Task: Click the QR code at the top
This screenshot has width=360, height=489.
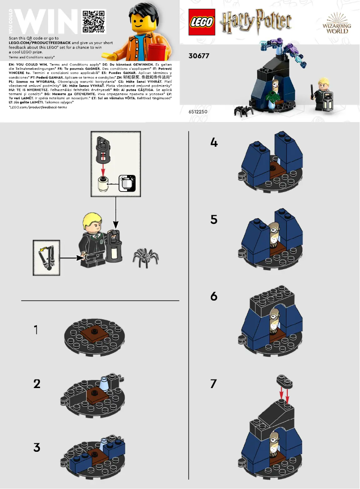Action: (x=94, y=22)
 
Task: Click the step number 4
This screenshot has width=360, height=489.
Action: (x=214, y=143)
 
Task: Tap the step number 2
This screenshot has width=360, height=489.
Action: (x=37, y=384)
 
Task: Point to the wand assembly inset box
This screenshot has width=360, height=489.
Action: (x=46, y=258)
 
